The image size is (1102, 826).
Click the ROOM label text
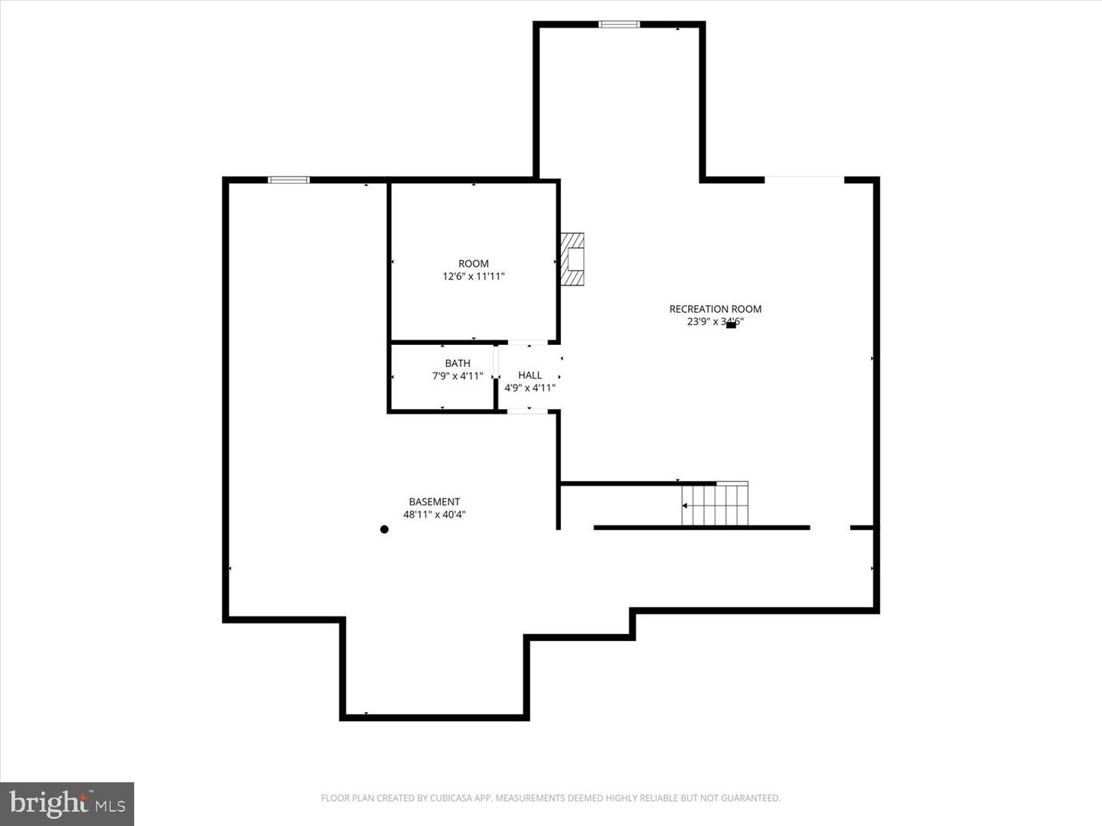point(473,264)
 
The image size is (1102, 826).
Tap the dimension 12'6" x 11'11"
point(473,277)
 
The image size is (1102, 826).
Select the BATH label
point(458,363)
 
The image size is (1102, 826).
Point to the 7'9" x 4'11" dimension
point(458,376)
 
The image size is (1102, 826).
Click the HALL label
point(530,375)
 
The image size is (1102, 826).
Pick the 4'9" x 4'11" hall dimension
point(530,388)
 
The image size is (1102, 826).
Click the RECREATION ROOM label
point(715,309)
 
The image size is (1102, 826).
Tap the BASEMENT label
point(434,502)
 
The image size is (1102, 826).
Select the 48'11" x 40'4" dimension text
point(434,515)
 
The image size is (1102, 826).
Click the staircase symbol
point(715,505)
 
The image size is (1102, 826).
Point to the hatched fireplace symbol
point(572,259)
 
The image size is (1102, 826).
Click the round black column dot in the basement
point(384,529)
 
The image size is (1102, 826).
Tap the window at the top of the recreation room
point(618,24)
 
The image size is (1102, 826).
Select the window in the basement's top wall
point(289,180)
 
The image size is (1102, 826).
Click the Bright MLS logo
point(67,804)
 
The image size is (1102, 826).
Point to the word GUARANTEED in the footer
point(750,798)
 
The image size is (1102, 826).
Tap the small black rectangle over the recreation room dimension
point(731,325)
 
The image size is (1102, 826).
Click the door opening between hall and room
point(527,342)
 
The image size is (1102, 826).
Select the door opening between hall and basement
point(527,411)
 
